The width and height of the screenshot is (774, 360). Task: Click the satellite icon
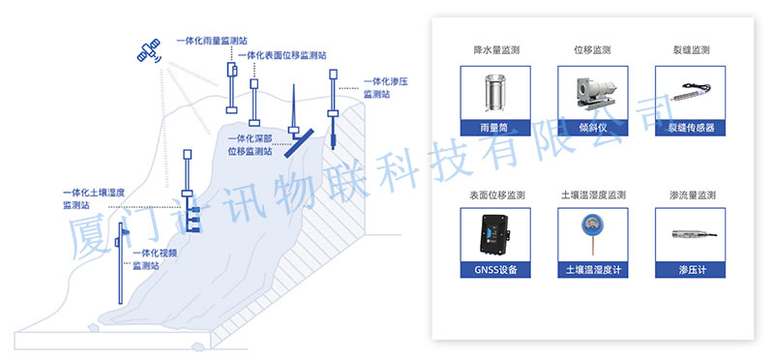[x=149, y=51]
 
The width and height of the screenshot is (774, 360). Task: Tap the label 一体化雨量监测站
[x=212, y=41]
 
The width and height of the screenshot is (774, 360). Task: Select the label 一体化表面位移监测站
[x=282, y=56]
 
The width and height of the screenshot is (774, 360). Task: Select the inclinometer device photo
[x=592, y=93]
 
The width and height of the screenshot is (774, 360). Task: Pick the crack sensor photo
[x=690, y=93]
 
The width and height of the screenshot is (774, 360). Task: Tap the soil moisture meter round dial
[x=592, y=222]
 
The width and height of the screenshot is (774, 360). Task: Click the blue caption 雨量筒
[x=495, y=129]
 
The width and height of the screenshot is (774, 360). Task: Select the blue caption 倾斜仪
[x=593, y=129]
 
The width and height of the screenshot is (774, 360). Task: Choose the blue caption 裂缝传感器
[x=690, y=129]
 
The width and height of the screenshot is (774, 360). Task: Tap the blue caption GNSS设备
[x=495, y=270]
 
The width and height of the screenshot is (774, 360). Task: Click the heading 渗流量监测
[x=690, y=195]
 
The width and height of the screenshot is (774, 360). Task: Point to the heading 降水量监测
[x=496, y=50]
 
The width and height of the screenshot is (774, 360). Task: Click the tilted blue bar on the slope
[x=299, y=143]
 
